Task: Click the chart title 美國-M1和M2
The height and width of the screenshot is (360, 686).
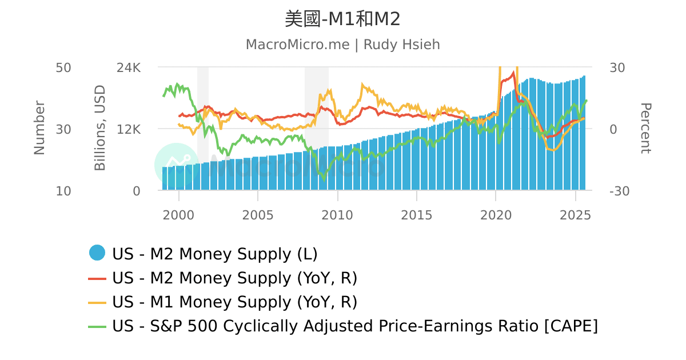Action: [x=342, y=19]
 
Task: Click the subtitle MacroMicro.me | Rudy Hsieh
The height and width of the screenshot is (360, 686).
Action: [x=342, y=45]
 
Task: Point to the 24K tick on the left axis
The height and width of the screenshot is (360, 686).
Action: [x=128, y=67]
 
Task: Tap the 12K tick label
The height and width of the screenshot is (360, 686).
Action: [x=128, y=129]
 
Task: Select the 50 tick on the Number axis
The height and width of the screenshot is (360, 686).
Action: [x=63, y=67]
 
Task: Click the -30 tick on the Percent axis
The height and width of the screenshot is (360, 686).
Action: [x=620, y=191]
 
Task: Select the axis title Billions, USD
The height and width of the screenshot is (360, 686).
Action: [x=101, y=128]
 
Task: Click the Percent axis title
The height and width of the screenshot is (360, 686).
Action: [x=645, y=128]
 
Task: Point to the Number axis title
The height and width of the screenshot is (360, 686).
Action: [x=39, y=128]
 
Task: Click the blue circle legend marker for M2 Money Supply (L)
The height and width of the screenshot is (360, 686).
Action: [x=97, y=253]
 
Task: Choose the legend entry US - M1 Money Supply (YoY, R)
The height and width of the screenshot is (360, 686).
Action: [x=234, y=302]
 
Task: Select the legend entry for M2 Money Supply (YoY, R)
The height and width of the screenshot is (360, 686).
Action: [x=234, y=278]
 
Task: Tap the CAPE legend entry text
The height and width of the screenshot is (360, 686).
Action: [x=354, y=326]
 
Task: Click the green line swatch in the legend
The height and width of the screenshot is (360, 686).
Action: [x=97, y=326]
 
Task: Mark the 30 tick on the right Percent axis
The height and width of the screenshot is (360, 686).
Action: [x=617, y=67]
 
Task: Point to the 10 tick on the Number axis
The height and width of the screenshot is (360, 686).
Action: [x=63, y=191]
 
